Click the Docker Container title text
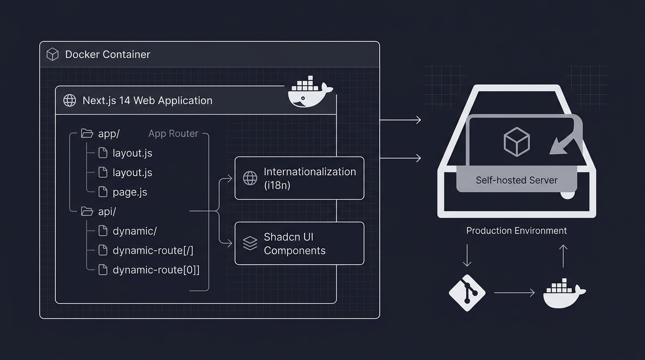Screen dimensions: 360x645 pos(107,54)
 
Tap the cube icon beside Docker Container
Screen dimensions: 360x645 pos(52,54)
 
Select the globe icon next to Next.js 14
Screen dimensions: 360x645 pos(69,101)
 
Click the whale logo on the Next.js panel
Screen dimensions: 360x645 pos(310,94)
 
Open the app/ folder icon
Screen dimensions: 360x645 pos(87,134)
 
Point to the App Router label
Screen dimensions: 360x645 pos(173,134)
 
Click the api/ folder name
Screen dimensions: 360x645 pos(107,212)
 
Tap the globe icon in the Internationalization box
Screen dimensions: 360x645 pos(250,178)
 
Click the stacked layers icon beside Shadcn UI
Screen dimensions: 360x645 pos(250,243)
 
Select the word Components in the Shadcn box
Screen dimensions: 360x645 pos(294,251)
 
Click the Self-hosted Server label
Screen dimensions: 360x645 pos(516,180)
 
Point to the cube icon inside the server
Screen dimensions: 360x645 pos(516,142)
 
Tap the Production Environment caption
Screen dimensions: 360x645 pos(516,231)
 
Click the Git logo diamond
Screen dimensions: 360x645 pos(467,292)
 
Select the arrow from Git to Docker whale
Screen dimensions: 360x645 pos(514,292)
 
